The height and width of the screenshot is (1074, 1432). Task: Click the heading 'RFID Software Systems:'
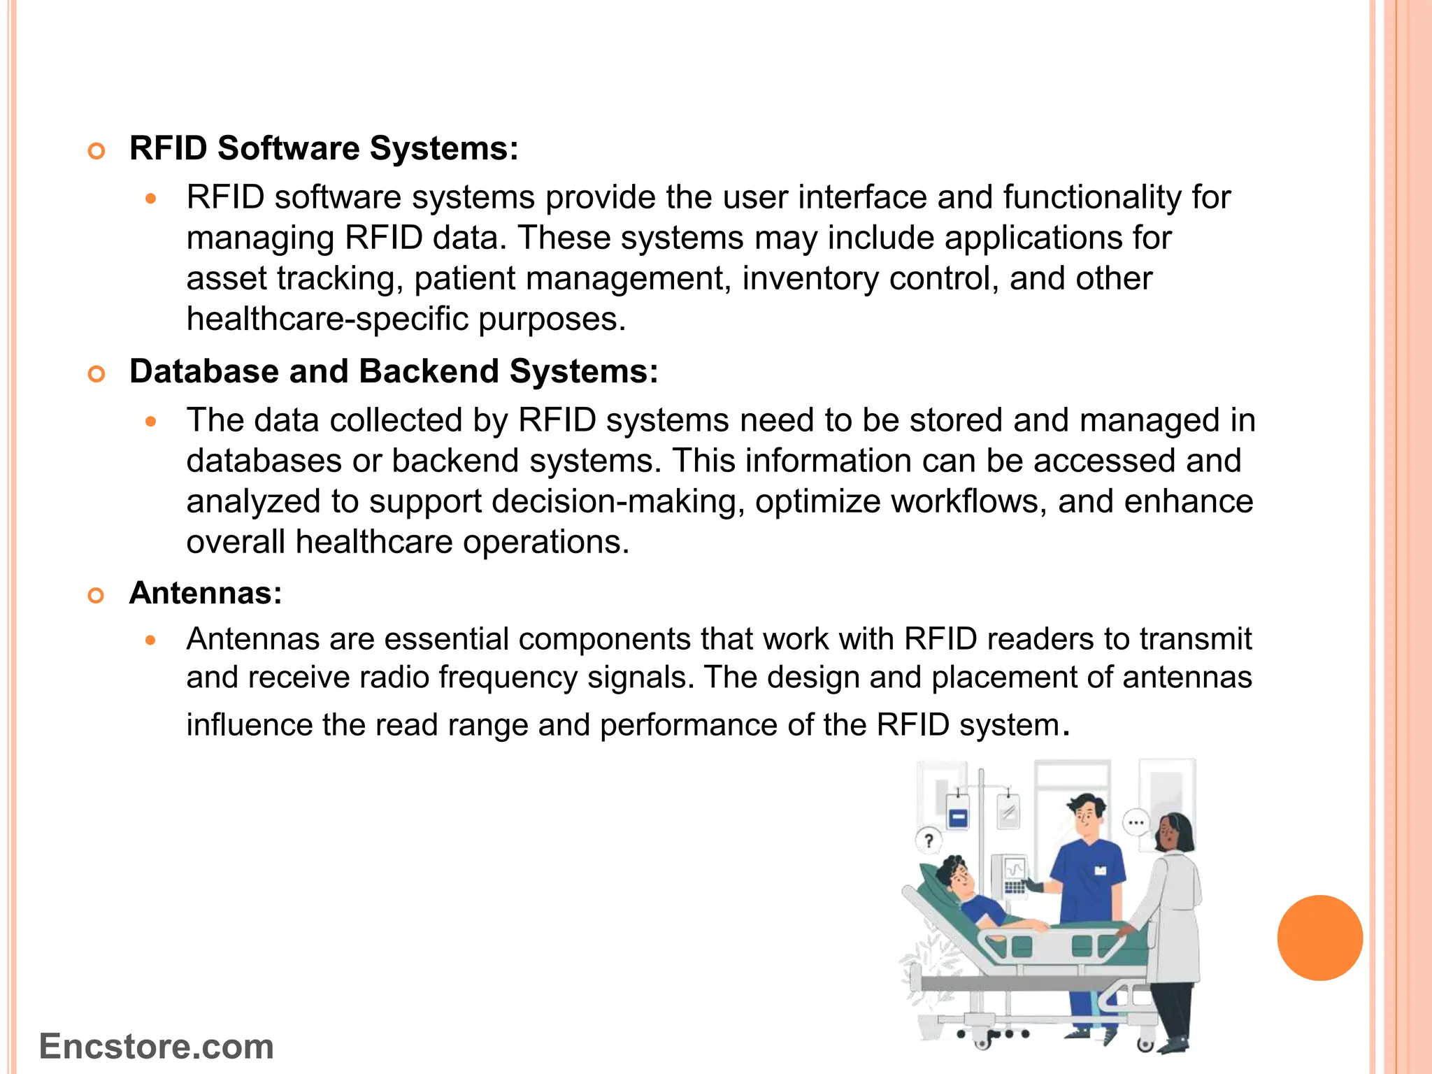click(x=324, y=148)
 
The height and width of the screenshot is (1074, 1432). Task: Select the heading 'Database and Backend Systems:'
click(x=394, y=371)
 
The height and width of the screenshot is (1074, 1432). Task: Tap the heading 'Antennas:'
click(x=206, y=593)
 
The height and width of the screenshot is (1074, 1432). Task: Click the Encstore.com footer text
click(x=157, y=1047)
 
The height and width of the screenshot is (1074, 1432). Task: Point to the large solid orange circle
click(x=1319, y=938)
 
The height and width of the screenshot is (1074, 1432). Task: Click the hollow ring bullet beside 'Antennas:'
click(x=96, y=595)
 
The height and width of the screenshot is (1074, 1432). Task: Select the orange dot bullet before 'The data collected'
click(x=150, y=422)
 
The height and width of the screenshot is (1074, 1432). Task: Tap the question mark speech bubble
click(x=929, y=840)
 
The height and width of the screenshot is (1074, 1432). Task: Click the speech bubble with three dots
click(x=1136, y=822)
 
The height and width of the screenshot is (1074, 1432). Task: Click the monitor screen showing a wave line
click(x=1015, y=870)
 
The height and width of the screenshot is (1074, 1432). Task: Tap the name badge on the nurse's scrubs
click(x=1100, y=870)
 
